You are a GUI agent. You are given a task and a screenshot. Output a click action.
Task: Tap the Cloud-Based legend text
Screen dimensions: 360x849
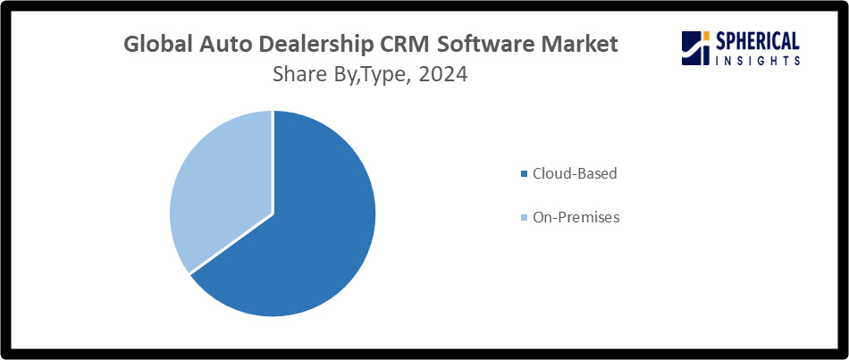(574, 173)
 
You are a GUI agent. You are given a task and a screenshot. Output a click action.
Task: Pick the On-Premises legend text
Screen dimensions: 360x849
(575, 217)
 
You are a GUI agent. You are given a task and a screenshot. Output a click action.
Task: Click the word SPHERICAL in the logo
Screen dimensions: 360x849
(757, 40)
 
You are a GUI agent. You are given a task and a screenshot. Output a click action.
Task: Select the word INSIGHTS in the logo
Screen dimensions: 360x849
(757, 60)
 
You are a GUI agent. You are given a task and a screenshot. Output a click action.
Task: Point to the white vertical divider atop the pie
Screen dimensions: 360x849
(273, 161)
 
